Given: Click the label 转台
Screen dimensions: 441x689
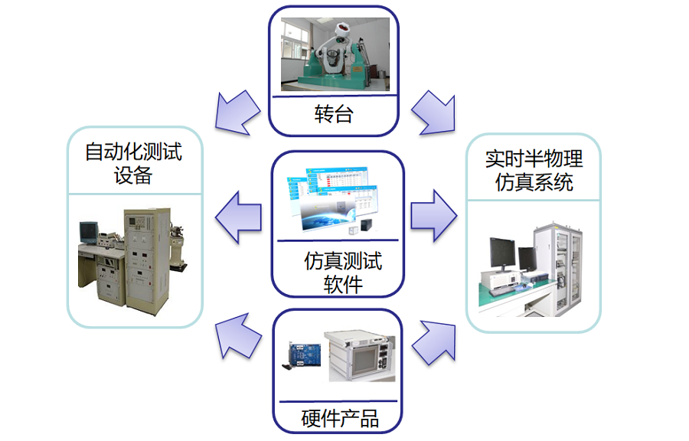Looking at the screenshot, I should [x=334, y=115].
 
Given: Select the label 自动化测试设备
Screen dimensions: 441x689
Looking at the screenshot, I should [x=133, y=163].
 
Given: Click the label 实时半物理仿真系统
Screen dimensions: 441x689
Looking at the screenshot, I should [x=534, y=171].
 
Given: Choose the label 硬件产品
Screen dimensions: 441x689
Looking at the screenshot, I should [x=340, y=419].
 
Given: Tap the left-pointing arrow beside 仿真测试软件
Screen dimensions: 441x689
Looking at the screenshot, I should [x=238, y=217].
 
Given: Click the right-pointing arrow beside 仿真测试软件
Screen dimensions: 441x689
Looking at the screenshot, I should [x=433, y=217].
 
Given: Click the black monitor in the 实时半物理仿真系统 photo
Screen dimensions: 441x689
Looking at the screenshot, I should [x=503, y=256].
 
